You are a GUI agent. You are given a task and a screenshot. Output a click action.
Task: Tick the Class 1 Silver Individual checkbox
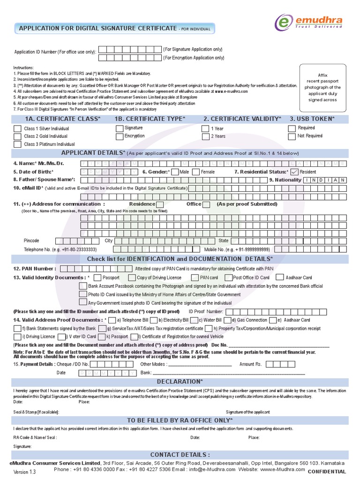17,128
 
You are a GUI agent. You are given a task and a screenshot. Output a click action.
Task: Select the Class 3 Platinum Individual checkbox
17,144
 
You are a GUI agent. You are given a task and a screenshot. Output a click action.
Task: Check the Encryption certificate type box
119,136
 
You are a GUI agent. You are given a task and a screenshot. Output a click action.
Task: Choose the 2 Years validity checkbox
205,136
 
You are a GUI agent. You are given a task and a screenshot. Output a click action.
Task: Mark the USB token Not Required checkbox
292,136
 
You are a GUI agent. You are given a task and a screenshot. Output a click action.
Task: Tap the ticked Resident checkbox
294,172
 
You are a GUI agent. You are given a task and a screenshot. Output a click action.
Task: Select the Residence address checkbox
160,204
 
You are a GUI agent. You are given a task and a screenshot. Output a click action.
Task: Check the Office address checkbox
206,204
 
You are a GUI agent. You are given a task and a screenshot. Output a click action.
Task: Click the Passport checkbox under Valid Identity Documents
97,277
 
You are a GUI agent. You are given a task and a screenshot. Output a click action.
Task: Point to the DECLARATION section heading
180,382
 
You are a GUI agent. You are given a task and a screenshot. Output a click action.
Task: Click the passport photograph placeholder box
322,87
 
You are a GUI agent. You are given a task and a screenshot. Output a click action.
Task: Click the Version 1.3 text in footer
24,472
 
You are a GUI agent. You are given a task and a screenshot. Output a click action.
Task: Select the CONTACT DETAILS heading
180,455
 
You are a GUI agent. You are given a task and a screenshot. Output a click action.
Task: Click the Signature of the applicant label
247,412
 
